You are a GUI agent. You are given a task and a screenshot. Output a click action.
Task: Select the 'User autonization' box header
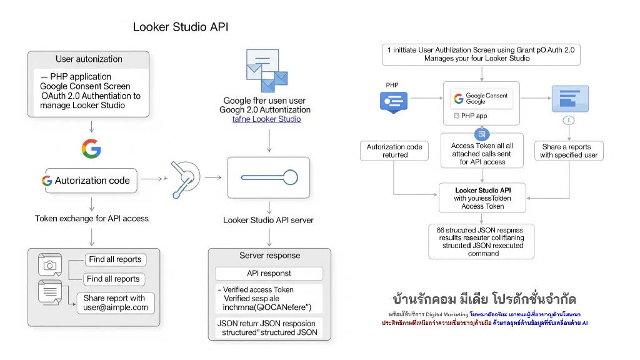(88, 59)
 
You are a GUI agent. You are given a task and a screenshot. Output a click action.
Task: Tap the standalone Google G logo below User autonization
(91, 149)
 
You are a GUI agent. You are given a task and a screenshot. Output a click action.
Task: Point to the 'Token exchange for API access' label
(91, 218)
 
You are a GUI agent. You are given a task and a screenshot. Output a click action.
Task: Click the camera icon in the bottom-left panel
(49, 265)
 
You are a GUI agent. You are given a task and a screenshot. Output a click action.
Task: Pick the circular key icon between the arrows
(182, 180)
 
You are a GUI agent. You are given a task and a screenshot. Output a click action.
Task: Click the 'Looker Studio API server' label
(269, 220)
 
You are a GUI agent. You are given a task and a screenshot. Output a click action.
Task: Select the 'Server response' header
(269, 255)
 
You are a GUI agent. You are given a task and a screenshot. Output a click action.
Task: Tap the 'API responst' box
(269, 273)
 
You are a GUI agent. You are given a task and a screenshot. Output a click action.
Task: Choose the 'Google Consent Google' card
(481, 99)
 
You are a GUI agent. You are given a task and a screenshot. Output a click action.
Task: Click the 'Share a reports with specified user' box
(569, 151)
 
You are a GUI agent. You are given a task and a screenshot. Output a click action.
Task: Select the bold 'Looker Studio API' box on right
(482, 197)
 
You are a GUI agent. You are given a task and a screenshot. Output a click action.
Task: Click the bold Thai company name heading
(484, 298)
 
